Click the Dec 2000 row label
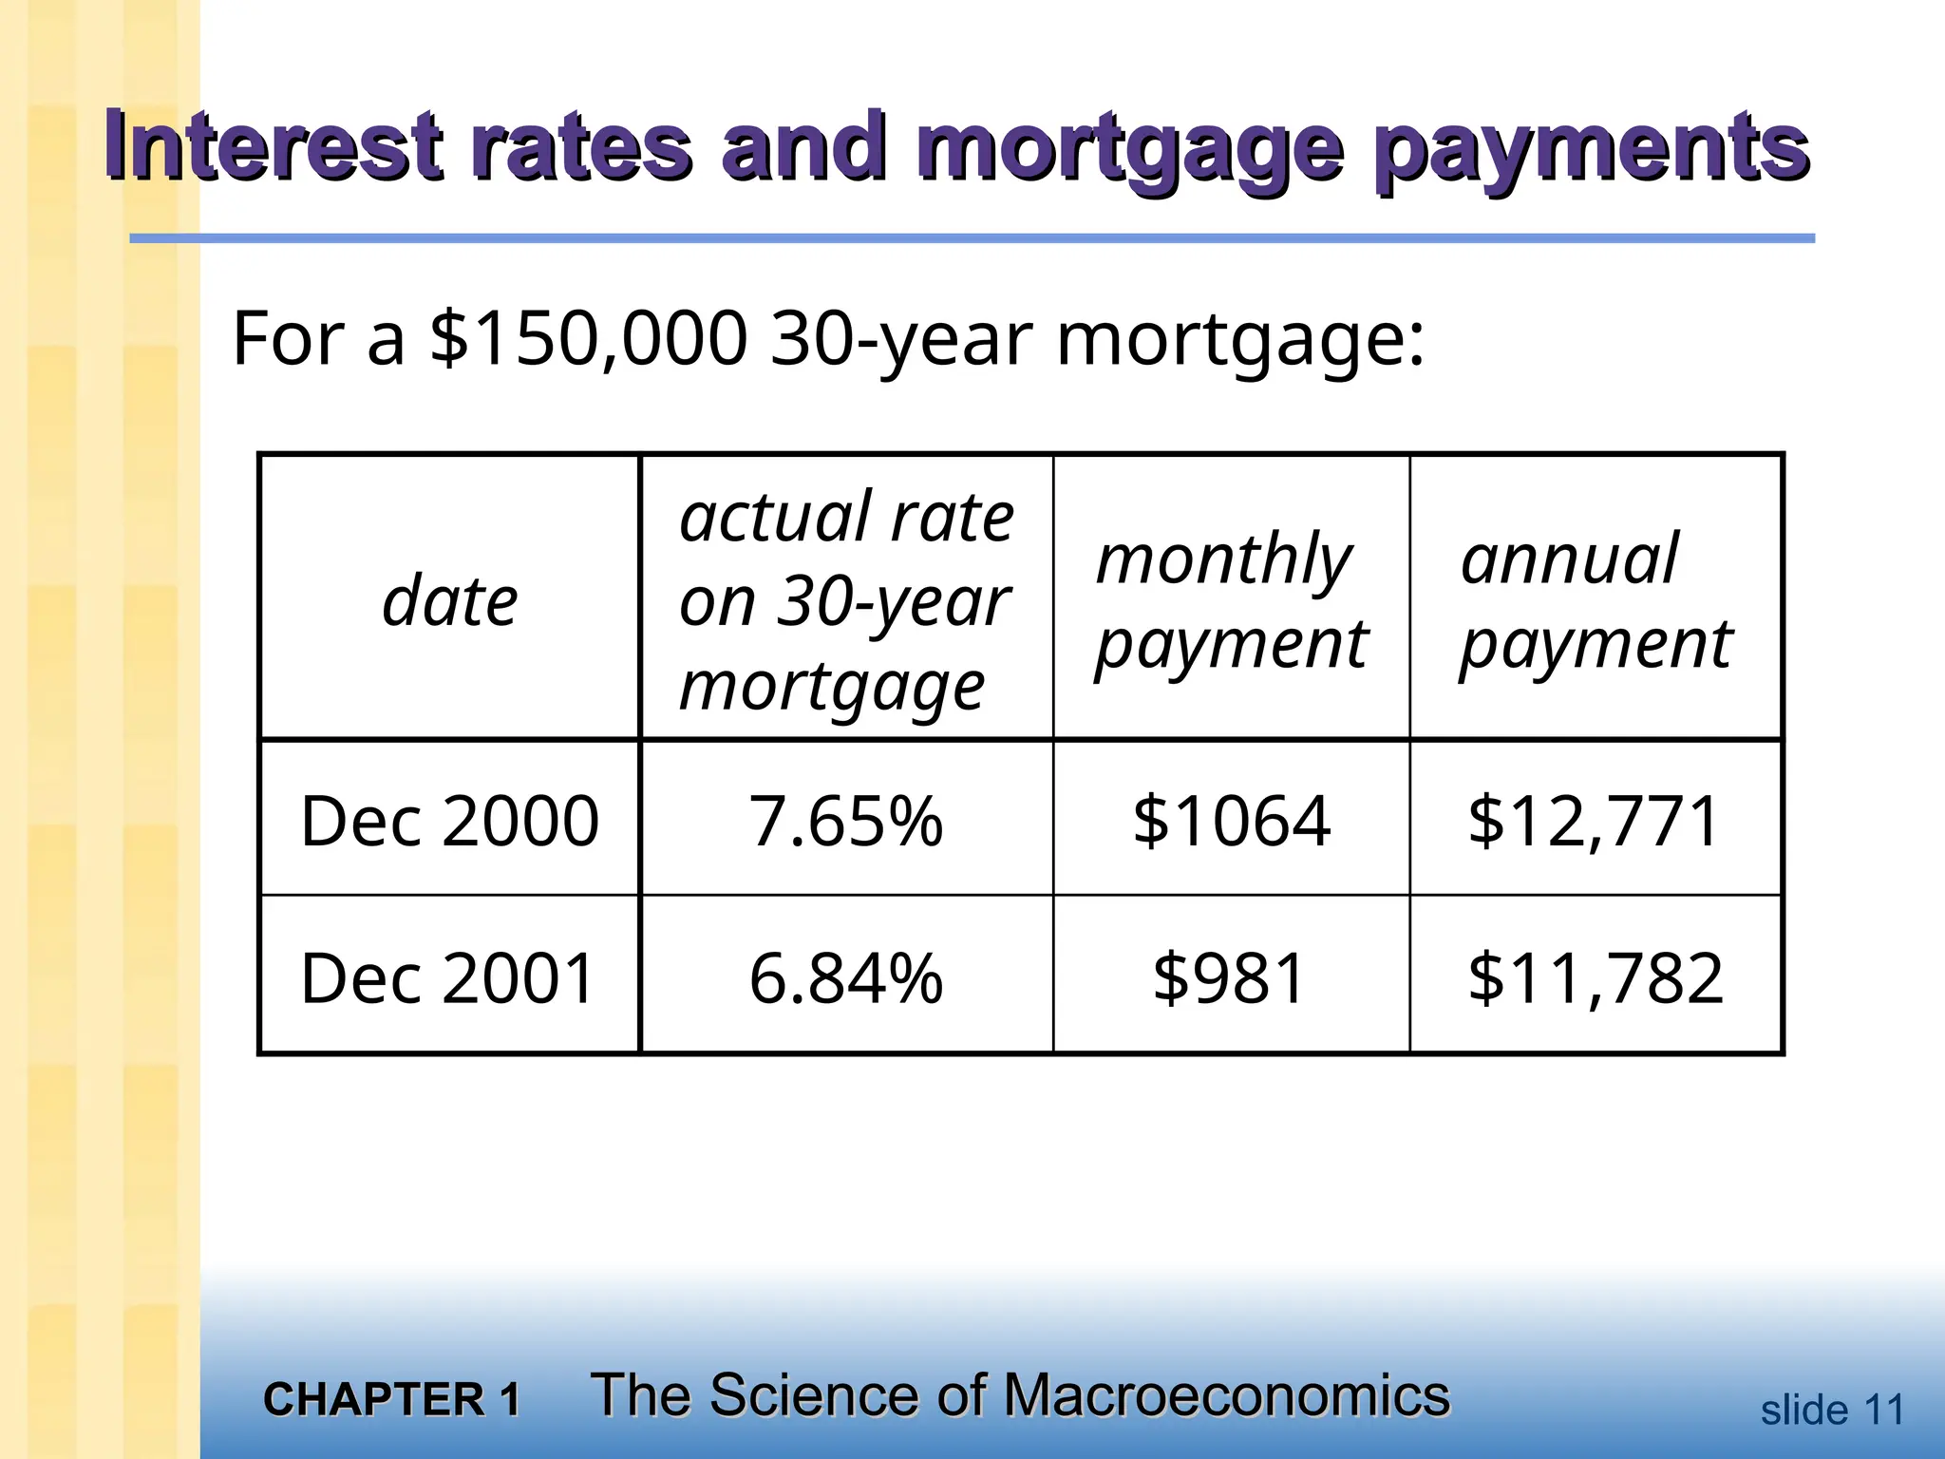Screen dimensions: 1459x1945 449,821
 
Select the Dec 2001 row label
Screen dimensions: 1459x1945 447,977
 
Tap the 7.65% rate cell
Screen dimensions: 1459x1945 845,821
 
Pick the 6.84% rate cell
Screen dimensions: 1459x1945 845,977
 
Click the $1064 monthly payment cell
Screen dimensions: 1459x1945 1231,821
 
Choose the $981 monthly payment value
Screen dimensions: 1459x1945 1229,977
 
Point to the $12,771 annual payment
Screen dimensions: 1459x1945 1594,821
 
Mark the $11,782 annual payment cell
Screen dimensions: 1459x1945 1595,977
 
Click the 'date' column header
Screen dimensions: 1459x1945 449,601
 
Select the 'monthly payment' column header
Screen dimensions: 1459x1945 1231,601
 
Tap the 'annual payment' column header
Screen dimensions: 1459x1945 1596,601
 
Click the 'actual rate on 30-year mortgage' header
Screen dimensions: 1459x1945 845,601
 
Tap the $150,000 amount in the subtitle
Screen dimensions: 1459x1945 589,338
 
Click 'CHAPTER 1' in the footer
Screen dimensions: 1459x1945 392,1399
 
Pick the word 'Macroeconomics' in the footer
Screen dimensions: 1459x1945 1226,1395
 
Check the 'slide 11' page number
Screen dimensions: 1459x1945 1832,1411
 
